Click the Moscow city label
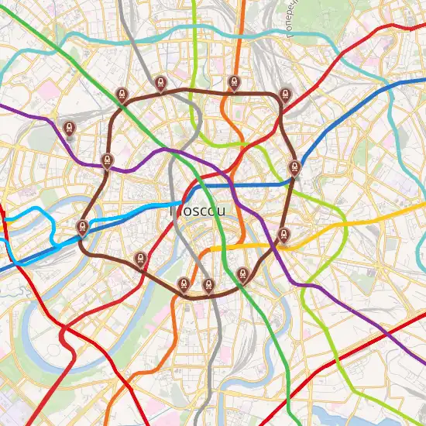[x=198, y=210]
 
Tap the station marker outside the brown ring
[x=70, y=128]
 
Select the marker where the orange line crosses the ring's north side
[x=234, y=83]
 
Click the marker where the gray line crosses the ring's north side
[x=160, y=83]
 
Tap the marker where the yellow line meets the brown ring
[x=283, y=235]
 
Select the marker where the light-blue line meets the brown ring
[x=82, y=227]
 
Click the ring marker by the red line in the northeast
[x=285, y=94]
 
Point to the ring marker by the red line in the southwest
[x=140, y=259]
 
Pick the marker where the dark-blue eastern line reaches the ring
[x=294, y=168]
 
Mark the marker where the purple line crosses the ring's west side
[x=107, y=161]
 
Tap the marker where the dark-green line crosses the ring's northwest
[x=122, y=95]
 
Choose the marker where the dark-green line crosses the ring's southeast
[x=242, y=274]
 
